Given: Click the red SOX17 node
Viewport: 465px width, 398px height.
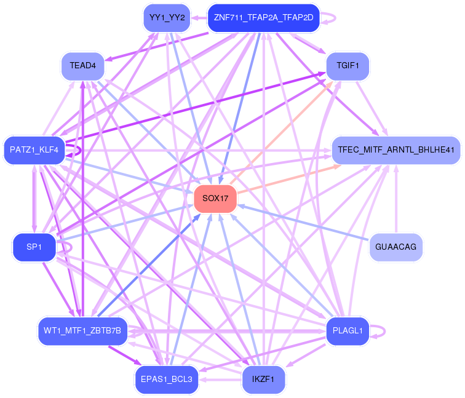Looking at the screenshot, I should (x=215, y=199).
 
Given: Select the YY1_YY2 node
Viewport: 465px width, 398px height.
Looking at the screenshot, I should (x=167, y=17).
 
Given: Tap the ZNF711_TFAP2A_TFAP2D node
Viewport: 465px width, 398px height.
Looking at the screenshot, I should (x=263, y=17).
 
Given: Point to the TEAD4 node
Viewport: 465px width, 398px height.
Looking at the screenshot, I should (x=82, y=66).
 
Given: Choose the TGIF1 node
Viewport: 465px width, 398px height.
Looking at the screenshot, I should (x=348, y=65).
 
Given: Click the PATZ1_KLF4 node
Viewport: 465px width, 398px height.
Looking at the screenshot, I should (x=34, y=149).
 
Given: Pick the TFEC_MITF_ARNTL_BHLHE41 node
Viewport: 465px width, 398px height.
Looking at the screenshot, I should (x=396, y=149).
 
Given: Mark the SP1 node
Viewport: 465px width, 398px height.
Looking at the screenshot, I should (x=34, y=247).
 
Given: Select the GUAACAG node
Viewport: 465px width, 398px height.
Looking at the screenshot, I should (x=395, y=247).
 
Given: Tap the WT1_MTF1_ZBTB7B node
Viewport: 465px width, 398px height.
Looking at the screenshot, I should (x=82, y=331).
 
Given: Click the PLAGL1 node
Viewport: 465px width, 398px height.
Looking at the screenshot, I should (x=347, y=331).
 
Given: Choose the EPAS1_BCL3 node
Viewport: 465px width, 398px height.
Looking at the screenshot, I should (x=167, y=380).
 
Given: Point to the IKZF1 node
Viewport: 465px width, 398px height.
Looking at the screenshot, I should (x=263, y=380).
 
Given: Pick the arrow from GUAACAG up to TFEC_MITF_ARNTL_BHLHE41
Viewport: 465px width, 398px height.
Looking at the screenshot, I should (x=396, y=197).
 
